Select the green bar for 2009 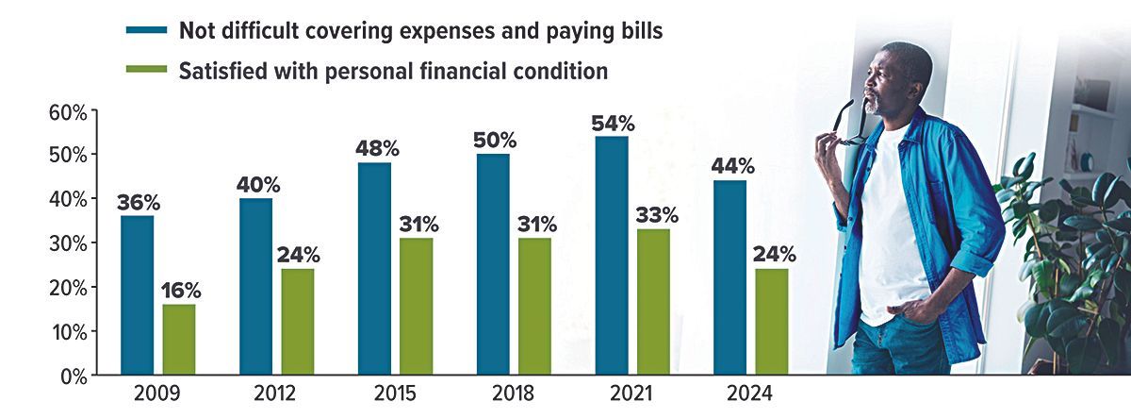(x=179, y=340)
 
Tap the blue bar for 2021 (x=612, y=255)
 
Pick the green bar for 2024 (x=772, y=322)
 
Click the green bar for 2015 (x=417, y=307)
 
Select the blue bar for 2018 (x=493, y=264)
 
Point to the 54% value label (x=612, y=124)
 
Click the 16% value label (x=179, y=291)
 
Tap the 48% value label (x=375, y=149)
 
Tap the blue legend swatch (x=146, y=31)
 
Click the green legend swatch (x=146, y=71)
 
